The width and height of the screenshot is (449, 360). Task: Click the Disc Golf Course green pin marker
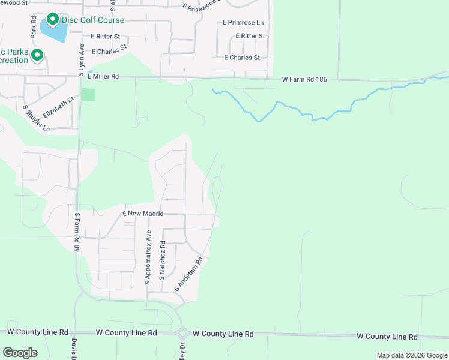(x=52, y=20)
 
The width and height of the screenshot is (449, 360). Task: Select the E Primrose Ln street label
(x=243, y=22)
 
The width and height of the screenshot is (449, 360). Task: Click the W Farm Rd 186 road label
(x=304, y=79)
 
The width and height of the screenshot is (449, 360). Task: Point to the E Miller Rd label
(x=103, y=77)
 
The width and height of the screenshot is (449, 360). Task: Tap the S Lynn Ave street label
(x=80, y=59)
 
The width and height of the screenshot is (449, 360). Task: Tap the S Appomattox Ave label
(x=148, y=257)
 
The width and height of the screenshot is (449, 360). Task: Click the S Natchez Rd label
(x=162, y=260)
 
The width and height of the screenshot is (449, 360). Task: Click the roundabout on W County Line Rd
(x=182, y=334)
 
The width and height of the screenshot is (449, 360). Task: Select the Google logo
(x=20, y=352)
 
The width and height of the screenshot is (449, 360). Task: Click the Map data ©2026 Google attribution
(x=412, y=355)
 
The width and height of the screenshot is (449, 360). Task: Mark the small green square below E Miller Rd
(x=88, y=95)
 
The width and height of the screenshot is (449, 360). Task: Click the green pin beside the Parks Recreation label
(x=37, y=56)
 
